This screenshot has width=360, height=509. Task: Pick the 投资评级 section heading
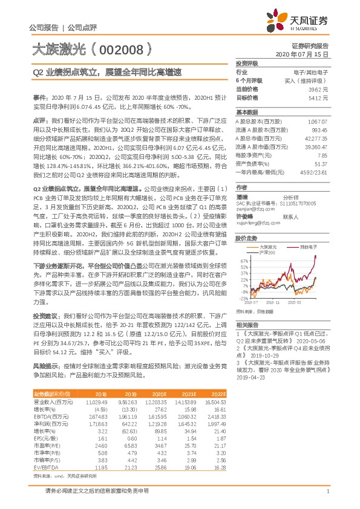click(x=246, y=63)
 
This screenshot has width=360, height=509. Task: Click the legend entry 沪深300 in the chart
click(x=266, y=252)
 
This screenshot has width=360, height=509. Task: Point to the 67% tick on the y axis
click(x=244, y=260)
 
